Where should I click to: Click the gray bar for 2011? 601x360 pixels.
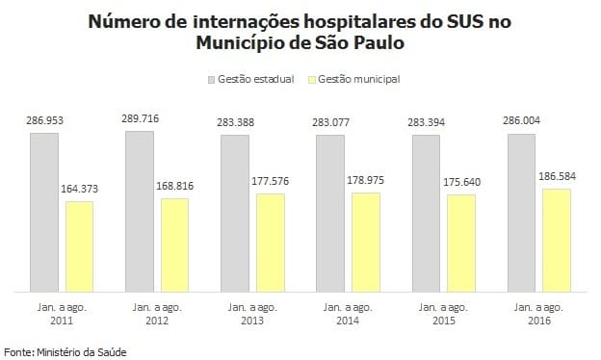[x=43, y=212]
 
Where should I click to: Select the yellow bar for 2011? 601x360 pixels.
[x=79, y=246]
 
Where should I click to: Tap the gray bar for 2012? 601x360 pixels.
[x=139, y=211]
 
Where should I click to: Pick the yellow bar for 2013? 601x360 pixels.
[x=271, y=243]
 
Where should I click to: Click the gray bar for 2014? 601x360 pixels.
[x=330, y=213]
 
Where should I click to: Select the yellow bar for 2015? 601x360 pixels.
[x=461, y=243]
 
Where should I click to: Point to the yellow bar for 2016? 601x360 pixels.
[x=557, y=240]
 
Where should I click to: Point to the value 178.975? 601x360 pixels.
[x=366, y=182]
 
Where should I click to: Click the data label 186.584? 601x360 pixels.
[x=557, y=178]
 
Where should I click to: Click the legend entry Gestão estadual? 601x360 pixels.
[x=251, y=79]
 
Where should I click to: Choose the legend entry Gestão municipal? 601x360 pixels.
[x=354, y=79]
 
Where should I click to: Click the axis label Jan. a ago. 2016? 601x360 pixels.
[x=539, y=314]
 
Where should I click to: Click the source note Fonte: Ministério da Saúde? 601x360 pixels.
[x=65, y=352]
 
